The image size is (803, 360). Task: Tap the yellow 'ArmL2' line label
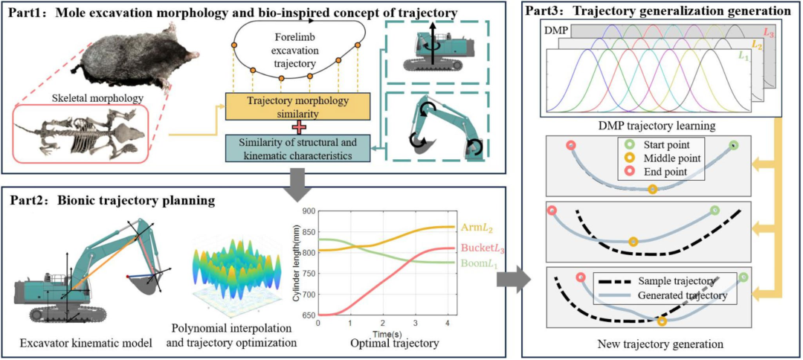pyautogui.click(x=475, y=226)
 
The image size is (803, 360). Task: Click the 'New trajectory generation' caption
pyautogui.click(x=661, y=343)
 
